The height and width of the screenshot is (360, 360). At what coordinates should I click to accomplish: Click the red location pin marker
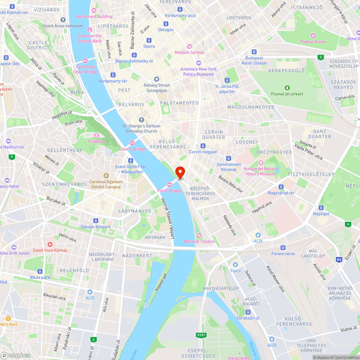click(180, 172)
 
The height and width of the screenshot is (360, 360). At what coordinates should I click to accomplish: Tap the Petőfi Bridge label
click(170, 190)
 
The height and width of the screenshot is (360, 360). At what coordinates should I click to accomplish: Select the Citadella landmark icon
click(96, 135)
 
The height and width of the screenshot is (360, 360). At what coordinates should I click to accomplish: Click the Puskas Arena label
click(313, 41)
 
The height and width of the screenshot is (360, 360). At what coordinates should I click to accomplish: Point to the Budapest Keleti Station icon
click(254, 52)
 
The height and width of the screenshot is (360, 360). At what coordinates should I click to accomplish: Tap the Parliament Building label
click(94, 16)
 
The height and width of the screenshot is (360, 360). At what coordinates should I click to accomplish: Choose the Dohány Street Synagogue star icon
click(157, 79)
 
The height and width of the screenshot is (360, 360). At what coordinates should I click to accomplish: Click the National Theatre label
click(199, 241)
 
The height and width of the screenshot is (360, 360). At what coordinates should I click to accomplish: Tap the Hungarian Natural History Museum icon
click(261, 163)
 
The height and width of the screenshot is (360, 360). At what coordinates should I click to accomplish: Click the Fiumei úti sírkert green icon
click(287, 87)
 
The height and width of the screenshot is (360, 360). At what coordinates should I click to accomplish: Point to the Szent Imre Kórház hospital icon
click(50, 244)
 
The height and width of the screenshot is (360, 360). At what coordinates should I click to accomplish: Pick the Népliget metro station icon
click(321, 207)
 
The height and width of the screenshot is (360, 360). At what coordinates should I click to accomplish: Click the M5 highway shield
click(339, 259)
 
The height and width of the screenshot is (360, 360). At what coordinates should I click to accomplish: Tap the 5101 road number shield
click(201, 335)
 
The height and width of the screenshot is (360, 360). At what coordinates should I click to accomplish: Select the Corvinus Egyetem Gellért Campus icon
click(106, 176)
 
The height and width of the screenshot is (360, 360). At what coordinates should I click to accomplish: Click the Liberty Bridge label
click(132, 149)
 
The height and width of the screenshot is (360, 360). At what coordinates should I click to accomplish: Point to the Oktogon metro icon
click(166, 24)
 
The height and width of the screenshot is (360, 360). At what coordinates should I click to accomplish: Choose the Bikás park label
click(40, 278)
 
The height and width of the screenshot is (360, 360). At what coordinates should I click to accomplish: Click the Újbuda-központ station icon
click(95, 220)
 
